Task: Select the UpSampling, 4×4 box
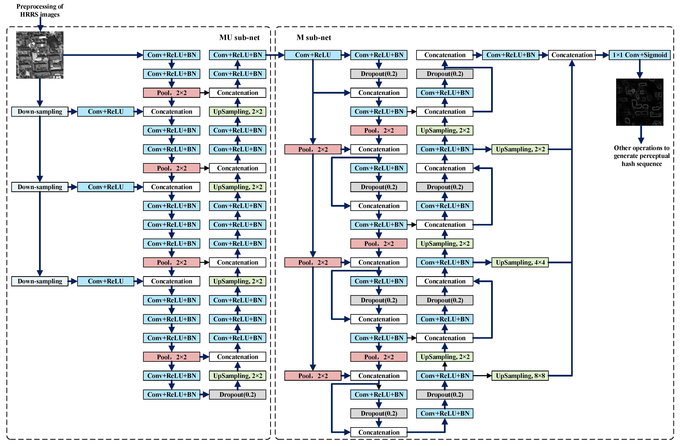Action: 520,262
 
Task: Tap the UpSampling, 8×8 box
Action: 520,376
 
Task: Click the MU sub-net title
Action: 239,37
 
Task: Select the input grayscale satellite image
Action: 40,55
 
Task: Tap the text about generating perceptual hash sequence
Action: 642,156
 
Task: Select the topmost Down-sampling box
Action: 40,111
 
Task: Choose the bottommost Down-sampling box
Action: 40,281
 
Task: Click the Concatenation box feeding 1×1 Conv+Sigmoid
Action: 572,55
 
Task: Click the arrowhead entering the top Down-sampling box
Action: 40,104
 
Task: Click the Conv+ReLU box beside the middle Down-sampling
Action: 106,187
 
